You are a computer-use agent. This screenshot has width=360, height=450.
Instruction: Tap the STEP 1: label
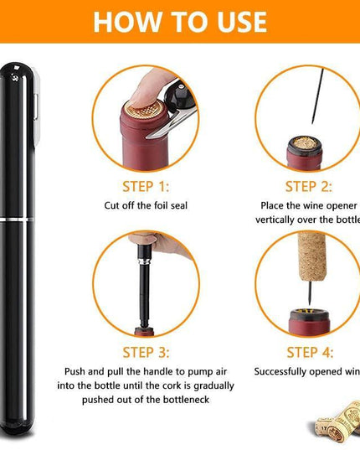pos(146,187)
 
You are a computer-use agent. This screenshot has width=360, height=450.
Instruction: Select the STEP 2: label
pos(308,187)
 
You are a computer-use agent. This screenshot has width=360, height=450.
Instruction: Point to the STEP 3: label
pos(146,352)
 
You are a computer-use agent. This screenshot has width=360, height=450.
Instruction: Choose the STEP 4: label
pos(308,352)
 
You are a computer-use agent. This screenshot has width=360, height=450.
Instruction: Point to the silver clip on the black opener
pos(37,109)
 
